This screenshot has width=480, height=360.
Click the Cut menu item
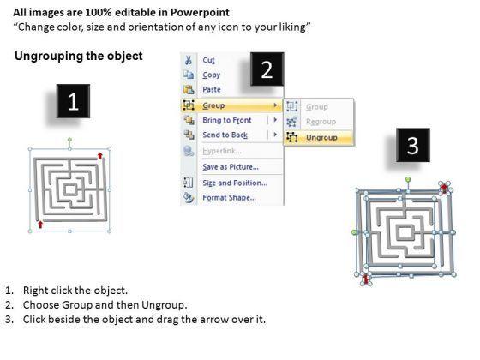208,60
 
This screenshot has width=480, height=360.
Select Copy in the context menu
211,75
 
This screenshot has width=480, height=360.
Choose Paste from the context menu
212,89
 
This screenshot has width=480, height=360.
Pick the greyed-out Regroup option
321,122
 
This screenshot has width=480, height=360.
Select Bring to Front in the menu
227,120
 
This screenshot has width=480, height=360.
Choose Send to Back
225,135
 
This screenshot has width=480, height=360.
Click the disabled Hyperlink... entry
222,151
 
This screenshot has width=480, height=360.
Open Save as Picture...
231,167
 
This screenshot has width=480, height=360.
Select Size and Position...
235,183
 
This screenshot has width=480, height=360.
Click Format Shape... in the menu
230,197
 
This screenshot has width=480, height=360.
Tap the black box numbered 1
73,101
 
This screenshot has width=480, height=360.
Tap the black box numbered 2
267,69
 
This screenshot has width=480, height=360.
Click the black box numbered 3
413,145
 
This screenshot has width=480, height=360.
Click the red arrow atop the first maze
99,156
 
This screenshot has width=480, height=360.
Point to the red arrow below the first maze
40,225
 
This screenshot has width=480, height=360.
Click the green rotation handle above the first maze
69,140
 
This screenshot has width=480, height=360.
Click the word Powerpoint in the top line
200,12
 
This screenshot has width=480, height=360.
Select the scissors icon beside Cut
189,60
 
